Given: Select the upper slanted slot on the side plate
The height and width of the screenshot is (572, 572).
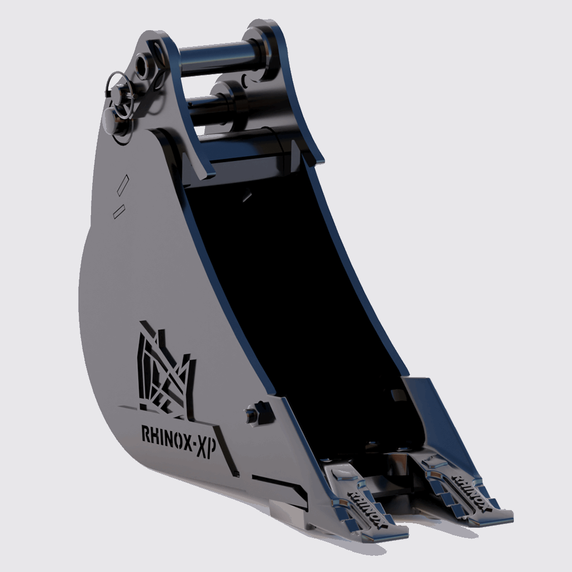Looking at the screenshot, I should point(122,184).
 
